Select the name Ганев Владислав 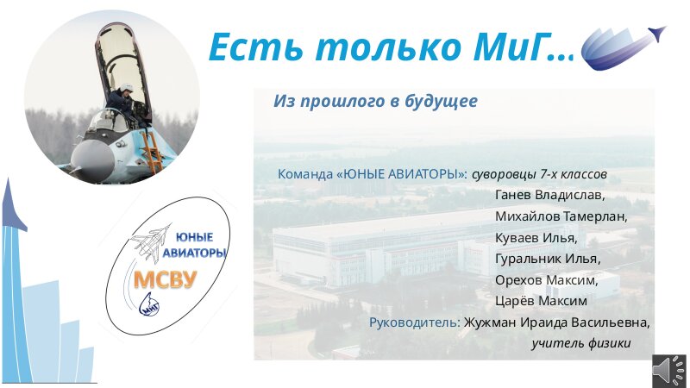(549, 195)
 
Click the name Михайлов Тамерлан (561, 216)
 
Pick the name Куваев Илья (536, 238)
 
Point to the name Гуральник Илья (548, 258)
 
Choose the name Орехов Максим (546, 279)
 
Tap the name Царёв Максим (541, 301)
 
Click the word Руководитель (415, 322)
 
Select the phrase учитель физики (580, 343)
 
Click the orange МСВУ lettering (165, 279)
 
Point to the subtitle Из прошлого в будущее (375, 101)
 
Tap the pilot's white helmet (127, 88)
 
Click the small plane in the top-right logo (656, 34)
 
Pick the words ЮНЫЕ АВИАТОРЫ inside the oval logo (194, 245)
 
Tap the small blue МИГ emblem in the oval (149, 304)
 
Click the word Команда (305, 174)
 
